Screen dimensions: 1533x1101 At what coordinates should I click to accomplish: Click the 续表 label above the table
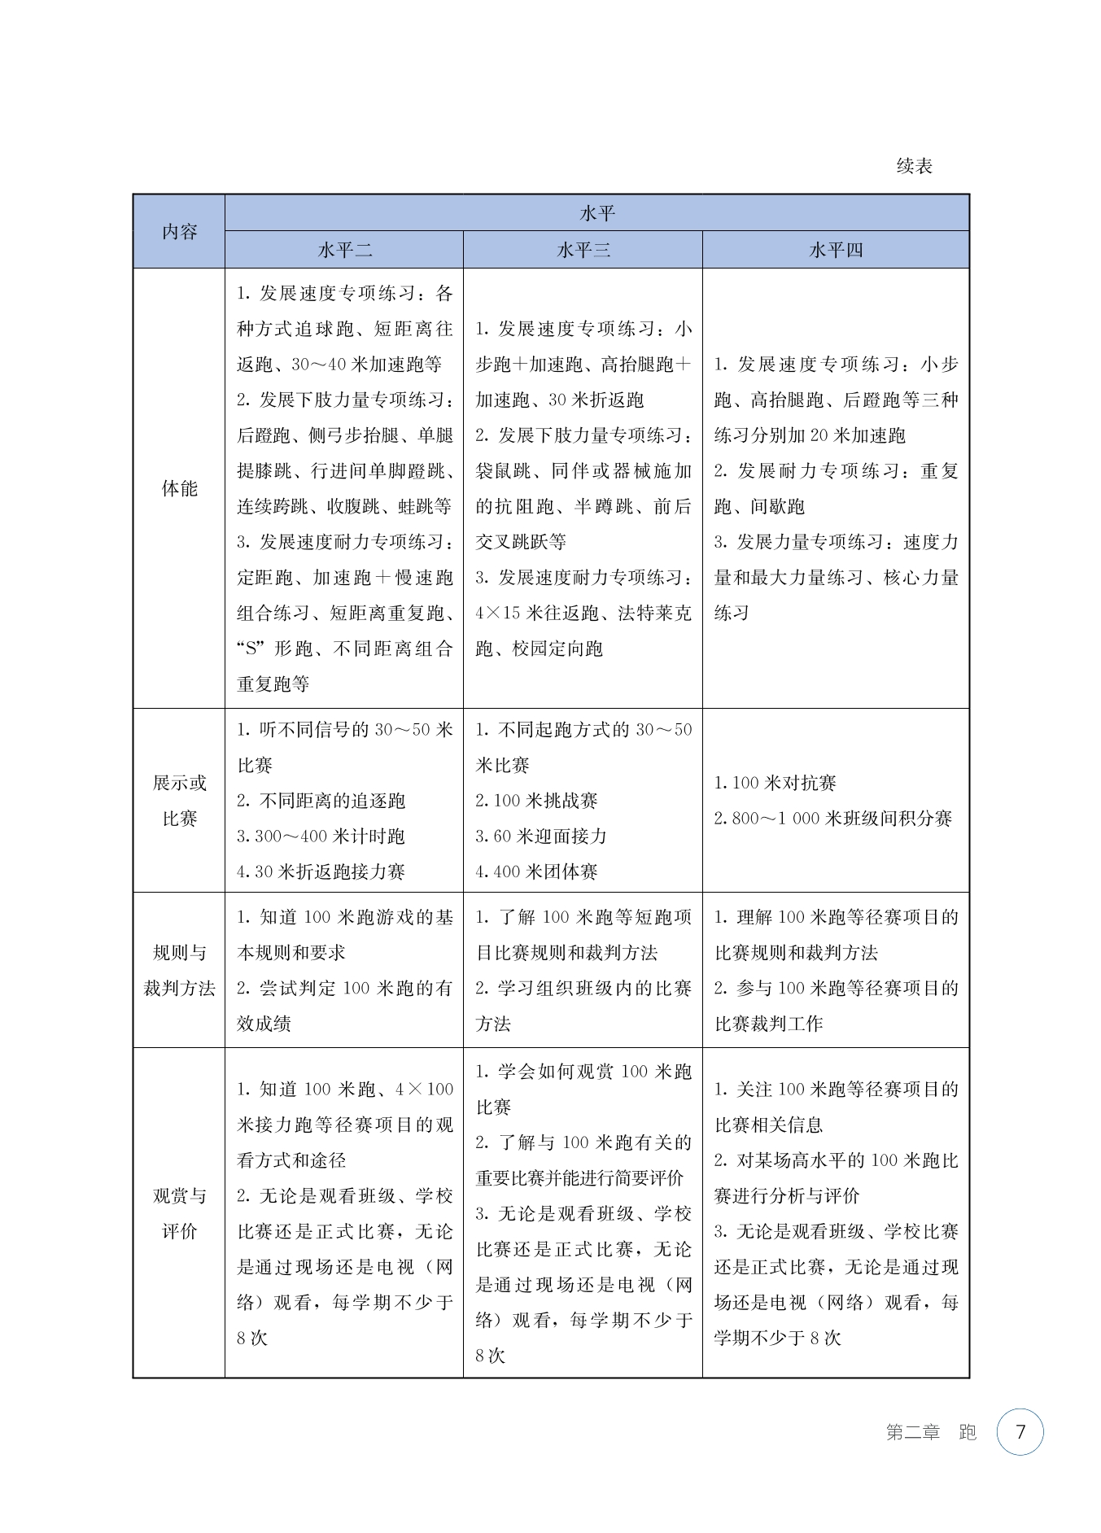[x=914, y=167]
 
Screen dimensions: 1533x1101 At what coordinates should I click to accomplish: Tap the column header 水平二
[x=344, y=250]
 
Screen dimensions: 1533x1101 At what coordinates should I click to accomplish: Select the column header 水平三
[x=583, y=250]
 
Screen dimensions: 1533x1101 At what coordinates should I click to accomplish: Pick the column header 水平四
[x=836, y=250]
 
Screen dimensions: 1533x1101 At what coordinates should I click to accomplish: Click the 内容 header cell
[x=179, y=232]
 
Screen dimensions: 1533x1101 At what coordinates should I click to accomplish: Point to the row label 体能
[x=179, y=488]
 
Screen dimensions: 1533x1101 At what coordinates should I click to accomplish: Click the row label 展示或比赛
[x=179, y=801]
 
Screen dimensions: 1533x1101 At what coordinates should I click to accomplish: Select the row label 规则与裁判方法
[x=179, y=970]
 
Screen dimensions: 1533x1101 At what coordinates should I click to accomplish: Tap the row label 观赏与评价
[x=179, y=1213]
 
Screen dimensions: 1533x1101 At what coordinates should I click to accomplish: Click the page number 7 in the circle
[x=1020, y=1431]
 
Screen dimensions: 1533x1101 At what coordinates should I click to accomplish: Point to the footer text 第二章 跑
[x=931, y=1432]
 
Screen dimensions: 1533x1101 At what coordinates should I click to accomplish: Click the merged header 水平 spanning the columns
[x=596, y=213]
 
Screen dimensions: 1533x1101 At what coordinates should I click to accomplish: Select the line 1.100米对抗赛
[x=775, y=783]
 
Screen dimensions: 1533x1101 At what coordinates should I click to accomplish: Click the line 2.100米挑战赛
[x=536, y=801]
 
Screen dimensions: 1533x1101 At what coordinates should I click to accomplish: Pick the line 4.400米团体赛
[x=536, y=872]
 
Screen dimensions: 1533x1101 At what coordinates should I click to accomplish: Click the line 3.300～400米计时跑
[x=321, y=836]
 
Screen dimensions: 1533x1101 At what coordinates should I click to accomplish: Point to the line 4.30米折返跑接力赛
[x=321, y=872]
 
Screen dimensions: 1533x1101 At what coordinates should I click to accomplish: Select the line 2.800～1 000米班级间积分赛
[x=832, y=819]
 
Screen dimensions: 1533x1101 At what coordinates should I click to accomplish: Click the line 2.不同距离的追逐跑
[x=321, y=801]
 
